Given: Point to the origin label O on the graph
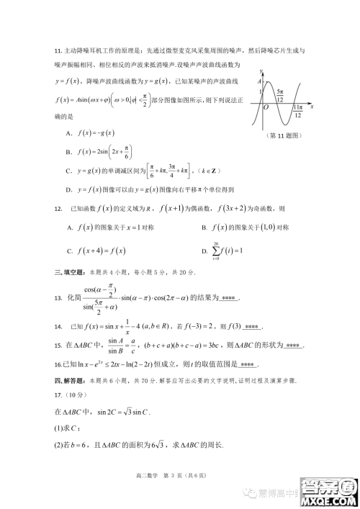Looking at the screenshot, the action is point(266,107).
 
